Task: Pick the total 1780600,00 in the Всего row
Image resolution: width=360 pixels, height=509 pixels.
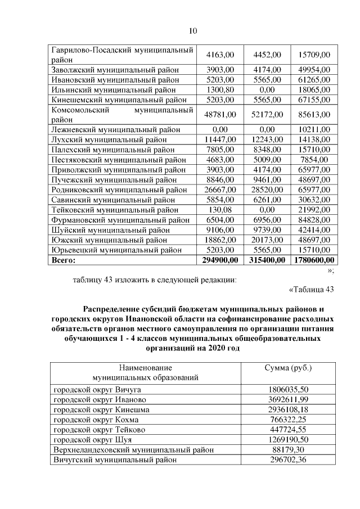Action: pyautogui.click(x=314, y=260)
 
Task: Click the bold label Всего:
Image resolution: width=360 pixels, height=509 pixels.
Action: pyautogui.click(x=64, y=260)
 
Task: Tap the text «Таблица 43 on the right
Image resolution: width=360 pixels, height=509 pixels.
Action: pyautogui.click(x=311, y=290)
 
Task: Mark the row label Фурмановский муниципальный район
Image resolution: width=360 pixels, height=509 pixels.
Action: pyautogui.click(x=118, y=219)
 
